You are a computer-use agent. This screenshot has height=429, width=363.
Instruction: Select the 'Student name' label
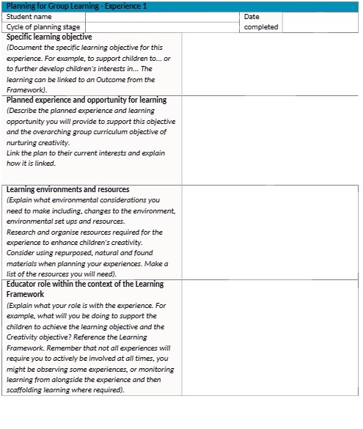[x=29, y=16]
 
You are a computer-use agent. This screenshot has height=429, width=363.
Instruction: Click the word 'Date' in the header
[x=252, y=16]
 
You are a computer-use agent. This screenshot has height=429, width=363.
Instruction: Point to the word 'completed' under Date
[x=260, y=26]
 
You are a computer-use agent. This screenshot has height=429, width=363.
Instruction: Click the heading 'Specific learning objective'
[x=49, y=37]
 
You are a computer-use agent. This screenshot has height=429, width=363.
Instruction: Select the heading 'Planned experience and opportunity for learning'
[x=86, y=100]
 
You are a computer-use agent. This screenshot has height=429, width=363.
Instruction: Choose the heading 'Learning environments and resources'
[x=67, y=189]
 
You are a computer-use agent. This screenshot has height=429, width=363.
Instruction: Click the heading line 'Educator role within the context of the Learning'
[x=85, y=284]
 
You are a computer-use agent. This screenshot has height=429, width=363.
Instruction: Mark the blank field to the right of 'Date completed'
[x=319, y=21]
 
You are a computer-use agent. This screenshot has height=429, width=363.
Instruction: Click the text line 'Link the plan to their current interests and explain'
[x=86, y=153]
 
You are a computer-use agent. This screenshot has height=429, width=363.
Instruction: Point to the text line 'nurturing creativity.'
[x=38, y=142]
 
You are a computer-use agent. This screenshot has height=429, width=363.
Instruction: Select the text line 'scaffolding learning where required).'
[x=65, y=390]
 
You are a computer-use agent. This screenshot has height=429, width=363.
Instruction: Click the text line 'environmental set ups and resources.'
[x=65, y=221]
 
